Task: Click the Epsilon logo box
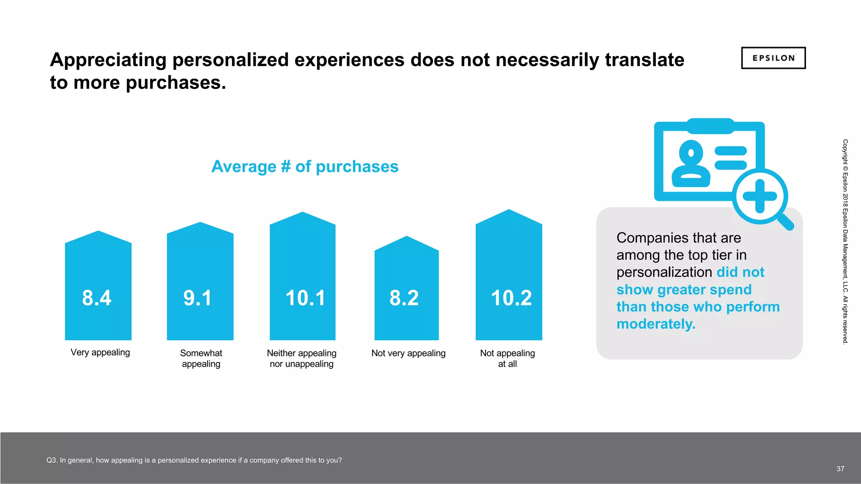773,58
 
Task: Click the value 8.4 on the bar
97,298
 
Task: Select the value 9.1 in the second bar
198,298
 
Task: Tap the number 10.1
305,298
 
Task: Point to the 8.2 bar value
404,298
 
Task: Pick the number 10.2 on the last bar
511,298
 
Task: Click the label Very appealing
100,352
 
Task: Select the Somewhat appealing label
201,358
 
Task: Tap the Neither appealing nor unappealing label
301,358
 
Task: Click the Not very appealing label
408,353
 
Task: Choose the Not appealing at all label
507,358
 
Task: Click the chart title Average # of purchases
305,166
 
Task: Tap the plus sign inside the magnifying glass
760,196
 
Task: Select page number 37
840,469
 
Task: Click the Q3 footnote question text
194,460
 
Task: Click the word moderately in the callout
655,324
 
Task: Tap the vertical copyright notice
845,242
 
